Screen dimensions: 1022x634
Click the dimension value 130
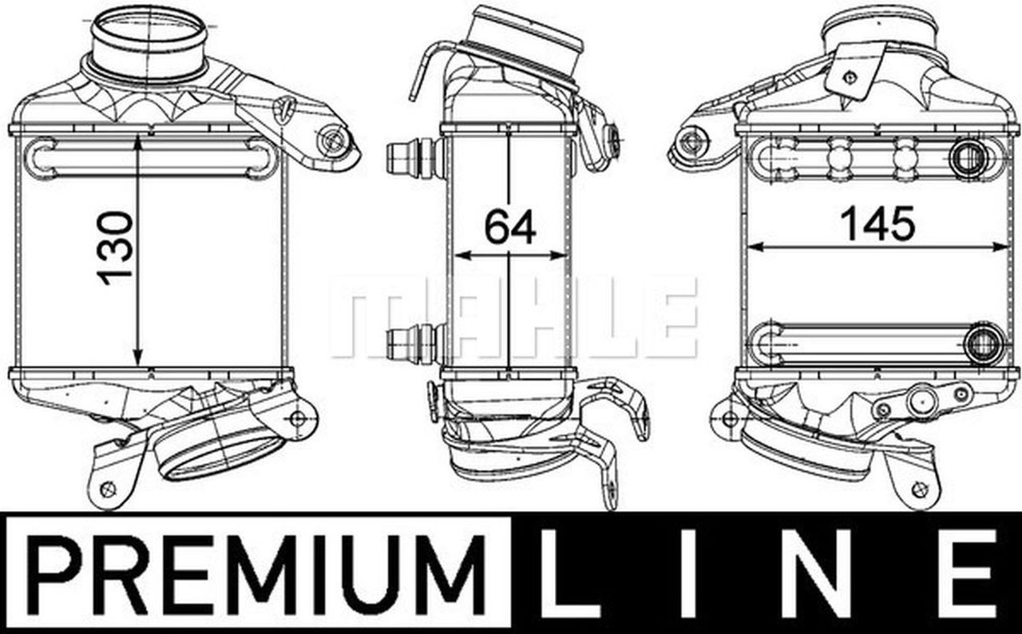coord(116,248)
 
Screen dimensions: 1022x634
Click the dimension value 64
coord(510,227)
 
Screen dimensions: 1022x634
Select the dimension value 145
coord(879,224)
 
